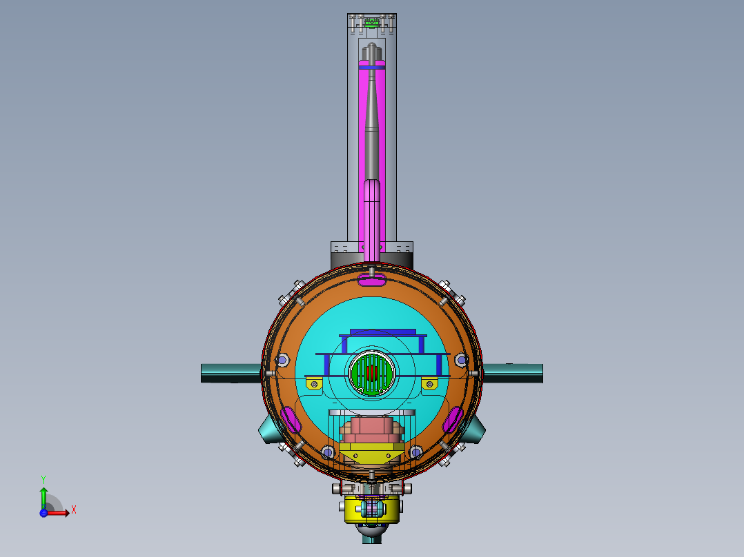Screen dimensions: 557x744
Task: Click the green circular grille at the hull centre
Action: click(372, 374)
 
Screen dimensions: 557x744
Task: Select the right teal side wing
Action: click(513, 373)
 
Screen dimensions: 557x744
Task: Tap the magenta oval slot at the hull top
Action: click(373, 278)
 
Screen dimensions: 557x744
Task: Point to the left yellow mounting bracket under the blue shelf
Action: click(315, 383)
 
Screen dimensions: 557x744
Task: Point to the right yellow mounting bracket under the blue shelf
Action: click(430, 383)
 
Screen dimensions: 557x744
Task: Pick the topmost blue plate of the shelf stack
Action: click(383, 332)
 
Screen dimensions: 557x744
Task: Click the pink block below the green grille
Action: click(371, 429)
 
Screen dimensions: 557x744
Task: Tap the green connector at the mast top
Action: click(371, 22)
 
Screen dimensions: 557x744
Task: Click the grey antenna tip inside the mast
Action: click(372, 50)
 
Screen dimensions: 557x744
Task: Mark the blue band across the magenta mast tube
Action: click(372, 68)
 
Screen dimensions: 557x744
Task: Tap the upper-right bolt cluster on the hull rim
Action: click(451, 293)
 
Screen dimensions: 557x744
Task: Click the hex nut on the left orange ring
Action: click(282, 361)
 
